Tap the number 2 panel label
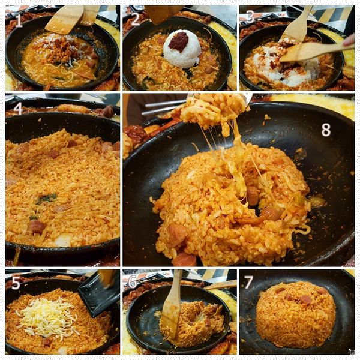135,19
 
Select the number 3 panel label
250,16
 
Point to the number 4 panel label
18,108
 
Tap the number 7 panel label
249,282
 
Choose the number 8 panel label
326,130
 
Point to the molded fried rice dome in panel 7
295,314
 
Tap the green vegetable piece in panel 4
47,199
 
